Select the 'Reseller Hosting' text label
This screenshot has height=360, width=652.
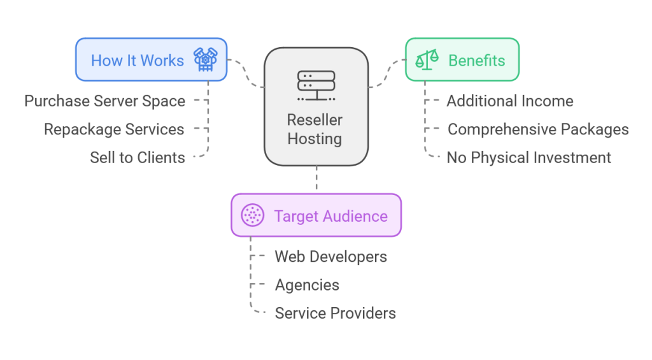[x=315, y=129]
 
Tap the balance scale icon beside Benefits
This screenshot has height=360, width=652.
[x=427, y=60]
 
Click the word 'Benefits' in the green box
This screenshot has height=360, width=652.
[x=476, y=61]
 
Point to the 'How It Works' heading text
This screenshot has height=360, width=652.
[x=137, y=61]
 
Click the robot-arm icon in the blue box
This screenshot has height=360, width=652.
[x=205, y=60]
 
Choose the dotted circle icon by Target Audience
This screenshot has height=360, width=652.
[x=253, y=215]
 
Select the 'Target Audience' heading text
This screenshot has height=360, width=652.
[x=330, y=216]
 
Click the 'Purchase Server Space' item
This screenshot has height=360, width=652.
[x=105, y=101]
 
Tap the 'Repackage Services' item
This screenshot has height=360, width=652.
[x=114, y=129]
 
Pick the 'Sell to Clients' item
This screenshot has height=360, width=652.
[x=138, y=157]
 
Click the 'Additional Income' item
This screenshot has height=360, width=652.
[x=510, y=101]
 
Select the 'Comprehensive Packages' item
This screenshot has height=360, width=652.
[x=538, y=129]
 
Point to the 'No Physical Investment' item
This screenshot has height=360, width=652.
[x=529, y=157]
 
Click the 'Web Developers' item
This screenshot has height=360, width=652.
[x=330, y=257]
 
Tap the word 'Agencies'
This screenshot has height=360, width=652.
[x=307, y=285]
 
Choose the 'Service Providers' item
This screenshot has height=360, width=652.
[x=335, y=313]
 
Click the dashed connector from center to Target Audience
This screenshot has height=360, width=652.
[x=316, y=180]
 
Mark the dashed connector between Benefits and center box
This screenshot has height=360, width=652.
[x=386, y=73]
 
